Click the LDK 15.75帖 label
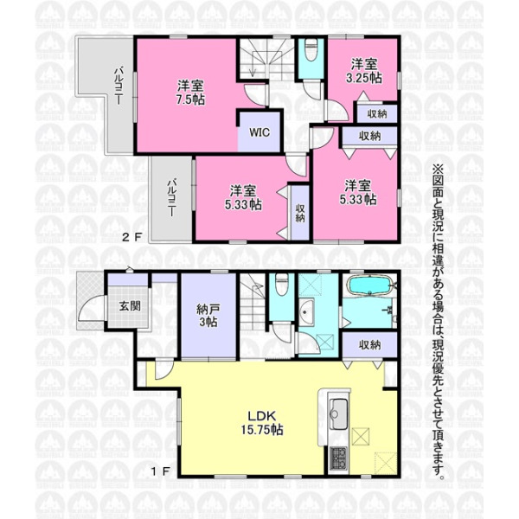(x=262, y=423)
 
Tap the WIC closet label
(x=259, y=132)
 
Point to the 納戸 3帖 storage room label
(x=208, y=316)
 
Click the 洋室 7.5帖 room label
(x=190, y=93)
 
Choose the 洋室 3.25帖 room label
(x=364, y=71)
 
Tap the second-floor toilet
(x=311, y=49)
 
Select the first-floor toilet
(x=282, y=285)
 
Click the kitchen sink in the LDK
(x=338, y=413)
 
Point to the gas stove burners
(x=338, y=458)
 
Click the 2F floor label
(x=132, y=237)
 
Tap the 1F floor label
(x=161, y=471)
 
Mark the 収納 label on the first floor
(x=369, y=345)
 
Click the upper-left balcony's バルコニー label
(x=119, y=86)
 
